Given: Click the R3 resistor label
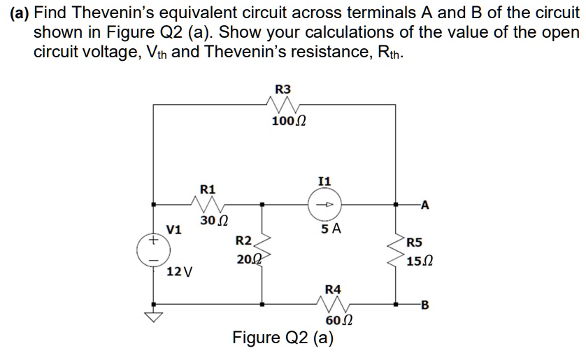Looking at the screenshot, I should coord(283,89).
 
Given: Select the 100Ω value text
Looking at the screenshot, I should coord(288,121).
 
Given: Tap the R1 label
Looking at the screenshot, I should coord(208,189).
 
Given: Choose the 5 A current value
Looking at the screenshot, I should coord(331,229).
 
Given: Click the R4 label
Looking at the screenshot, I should coord(334,289).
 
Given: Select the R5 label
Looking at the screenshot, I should coord(414,244).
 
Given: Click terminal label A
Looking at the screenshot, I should coord(425,205).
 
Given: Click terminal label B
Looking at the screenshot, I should coord(425,304).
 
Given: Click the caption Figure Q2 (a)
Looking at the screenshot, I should coord(283,338).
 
